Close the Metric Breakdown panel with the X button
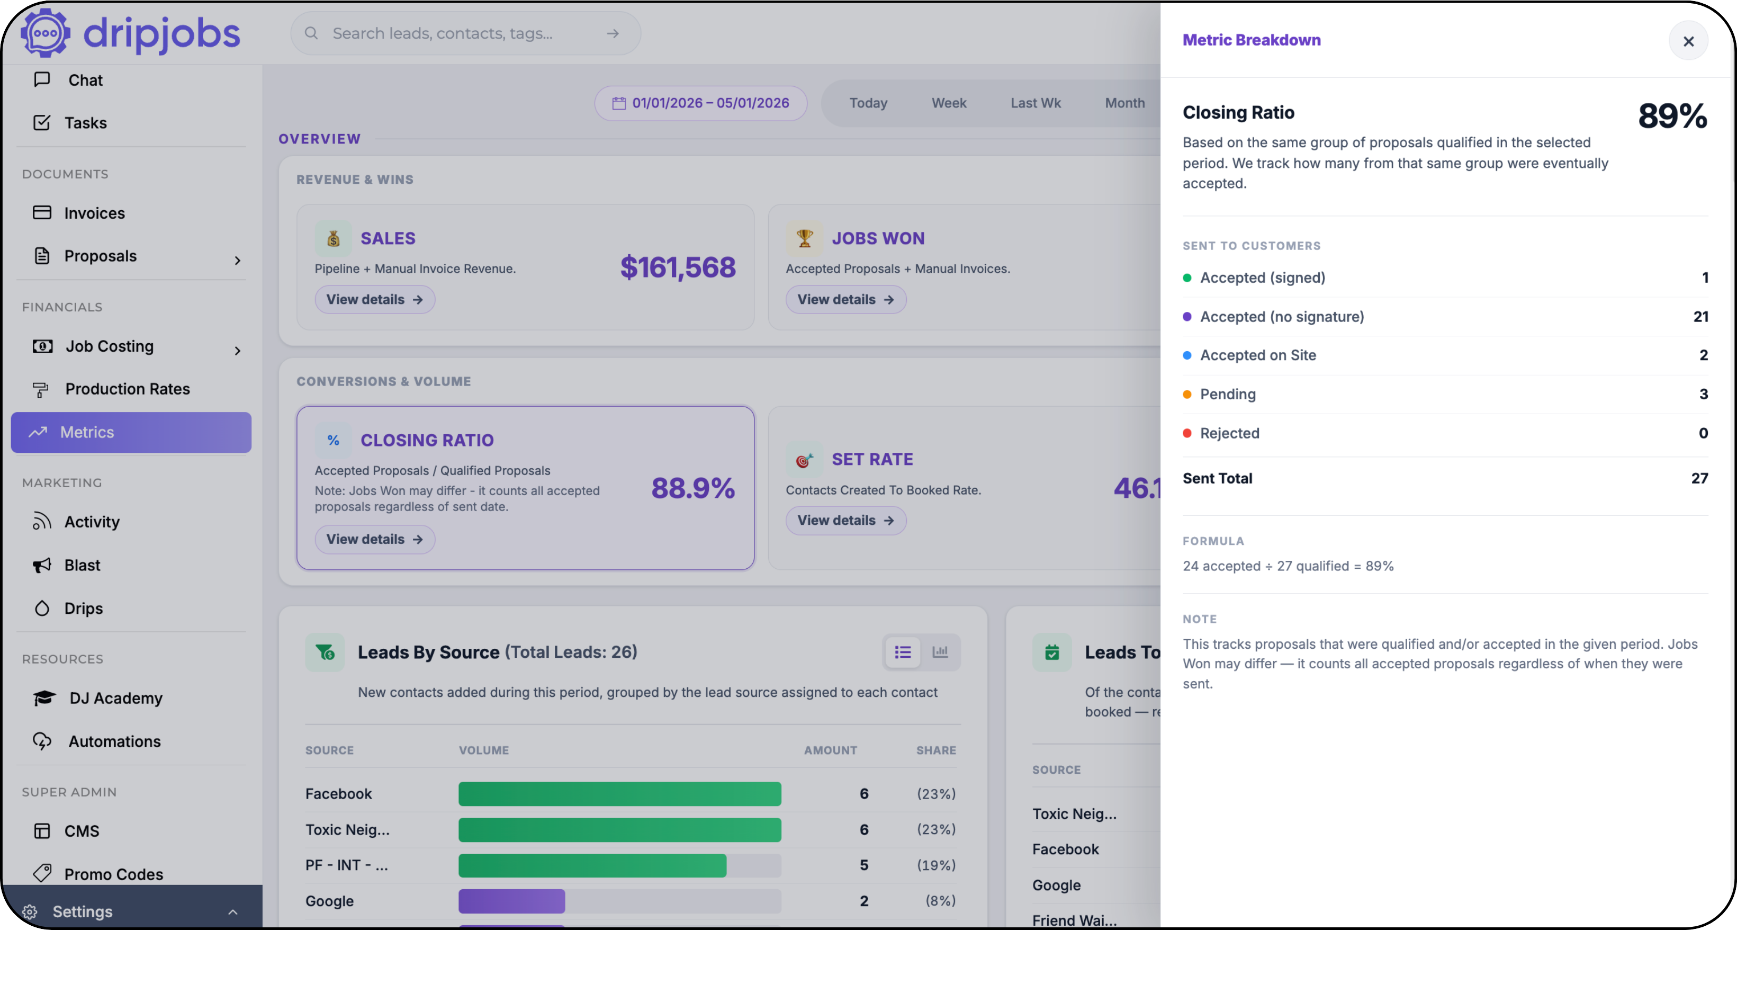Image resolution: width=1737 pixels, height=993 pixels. pos(1688,42)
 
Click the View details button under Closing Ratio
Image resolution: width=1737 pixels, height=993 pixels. pos(374,539)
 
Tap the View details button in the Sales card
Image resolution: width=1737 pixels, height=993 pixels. pos(374,299)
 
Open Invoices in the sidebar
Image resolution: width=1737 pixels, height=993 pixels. pos(94,213)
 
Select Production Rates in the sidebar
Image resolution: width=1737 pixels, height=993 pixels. pos(128,389)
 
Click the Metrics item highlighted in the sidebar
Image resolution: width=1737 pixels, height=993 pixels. pos(131,432)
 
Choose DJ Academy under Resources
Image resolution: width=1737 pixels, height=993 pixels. pos(116,697)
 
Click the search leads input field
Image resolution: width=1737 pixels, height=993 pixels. pos(465,33)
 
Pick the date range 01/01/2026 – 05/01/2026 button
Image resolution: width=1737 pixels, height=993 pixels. pos(701,103)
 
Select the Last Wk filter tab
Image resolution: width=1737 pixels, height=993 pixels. pos(1036,103)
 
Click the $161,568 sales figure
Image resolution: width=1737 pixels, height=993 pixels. pos(678,267)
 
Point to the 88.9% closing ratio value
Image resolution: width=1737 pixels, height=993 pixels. pos(692,488)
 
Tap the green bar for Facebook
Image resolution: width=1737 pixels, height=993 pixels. pos(619,793)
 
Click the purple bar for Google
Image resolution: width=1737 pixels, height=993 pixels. pos(511,900)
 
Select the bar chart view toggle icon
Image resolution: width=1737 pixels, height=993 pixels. pos(940,651)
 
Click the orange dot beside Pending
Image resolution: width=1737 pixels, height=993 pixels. pos(1187,394)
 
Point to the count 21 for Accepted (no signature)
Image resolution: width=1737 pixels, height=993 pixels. pos(1700,317)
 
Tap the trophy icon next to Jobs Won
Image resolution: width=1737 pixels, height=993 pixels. pos(804,238)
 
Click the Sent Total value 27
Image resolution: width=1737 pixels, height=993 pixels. pos(1699,478)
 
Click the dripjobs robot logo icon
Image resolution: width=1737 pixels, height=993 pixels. pos(45,32)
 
